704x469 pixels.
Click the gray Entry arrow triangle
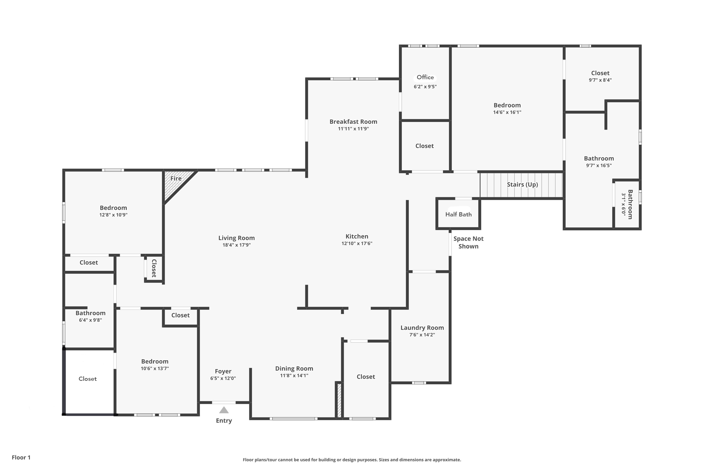click(x=224, y=410)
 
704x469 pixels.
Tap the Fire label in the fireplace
click(x=176, y=178)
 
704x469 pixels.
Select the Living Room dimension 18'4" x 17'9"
click(x=237, y=245)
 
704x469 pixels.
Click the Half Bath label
click(x=458, y=215)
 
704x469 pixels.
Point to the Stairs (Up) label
click(x=522, y=185)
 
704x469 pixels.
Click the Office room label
click(x=425, y=77)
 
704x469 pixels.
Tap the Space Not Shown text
click(x=468, y=242)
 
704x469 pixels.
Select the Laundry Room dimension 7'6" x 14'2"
click(x=422, y=335)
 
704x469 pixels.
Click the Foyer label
click(x=223, y=371)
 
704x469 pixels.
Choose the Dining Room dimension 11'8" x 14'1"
click(x=294, y=376)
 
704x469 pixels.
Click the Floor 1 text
click(x=21, y=457)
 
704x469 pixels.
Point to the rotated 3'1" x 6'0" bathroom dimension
click(x=624, y=204)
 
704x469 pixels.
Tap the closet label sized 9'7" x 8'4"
click(x=600, y=73)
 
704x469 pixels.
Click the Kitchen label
click(x=357, y=236)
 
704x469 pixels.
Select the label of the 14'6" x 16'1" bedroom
click(x=507, y=105)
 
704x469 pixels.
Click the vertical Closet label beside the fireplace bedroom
click(x=154, y=268)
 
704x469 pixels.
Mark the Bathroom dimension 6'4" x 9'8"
click(x=90, y=320)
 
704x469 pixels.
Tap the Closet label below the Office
click(x=425, y=146)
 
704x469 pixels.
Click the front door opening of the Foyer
click(x=224, y=403)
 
